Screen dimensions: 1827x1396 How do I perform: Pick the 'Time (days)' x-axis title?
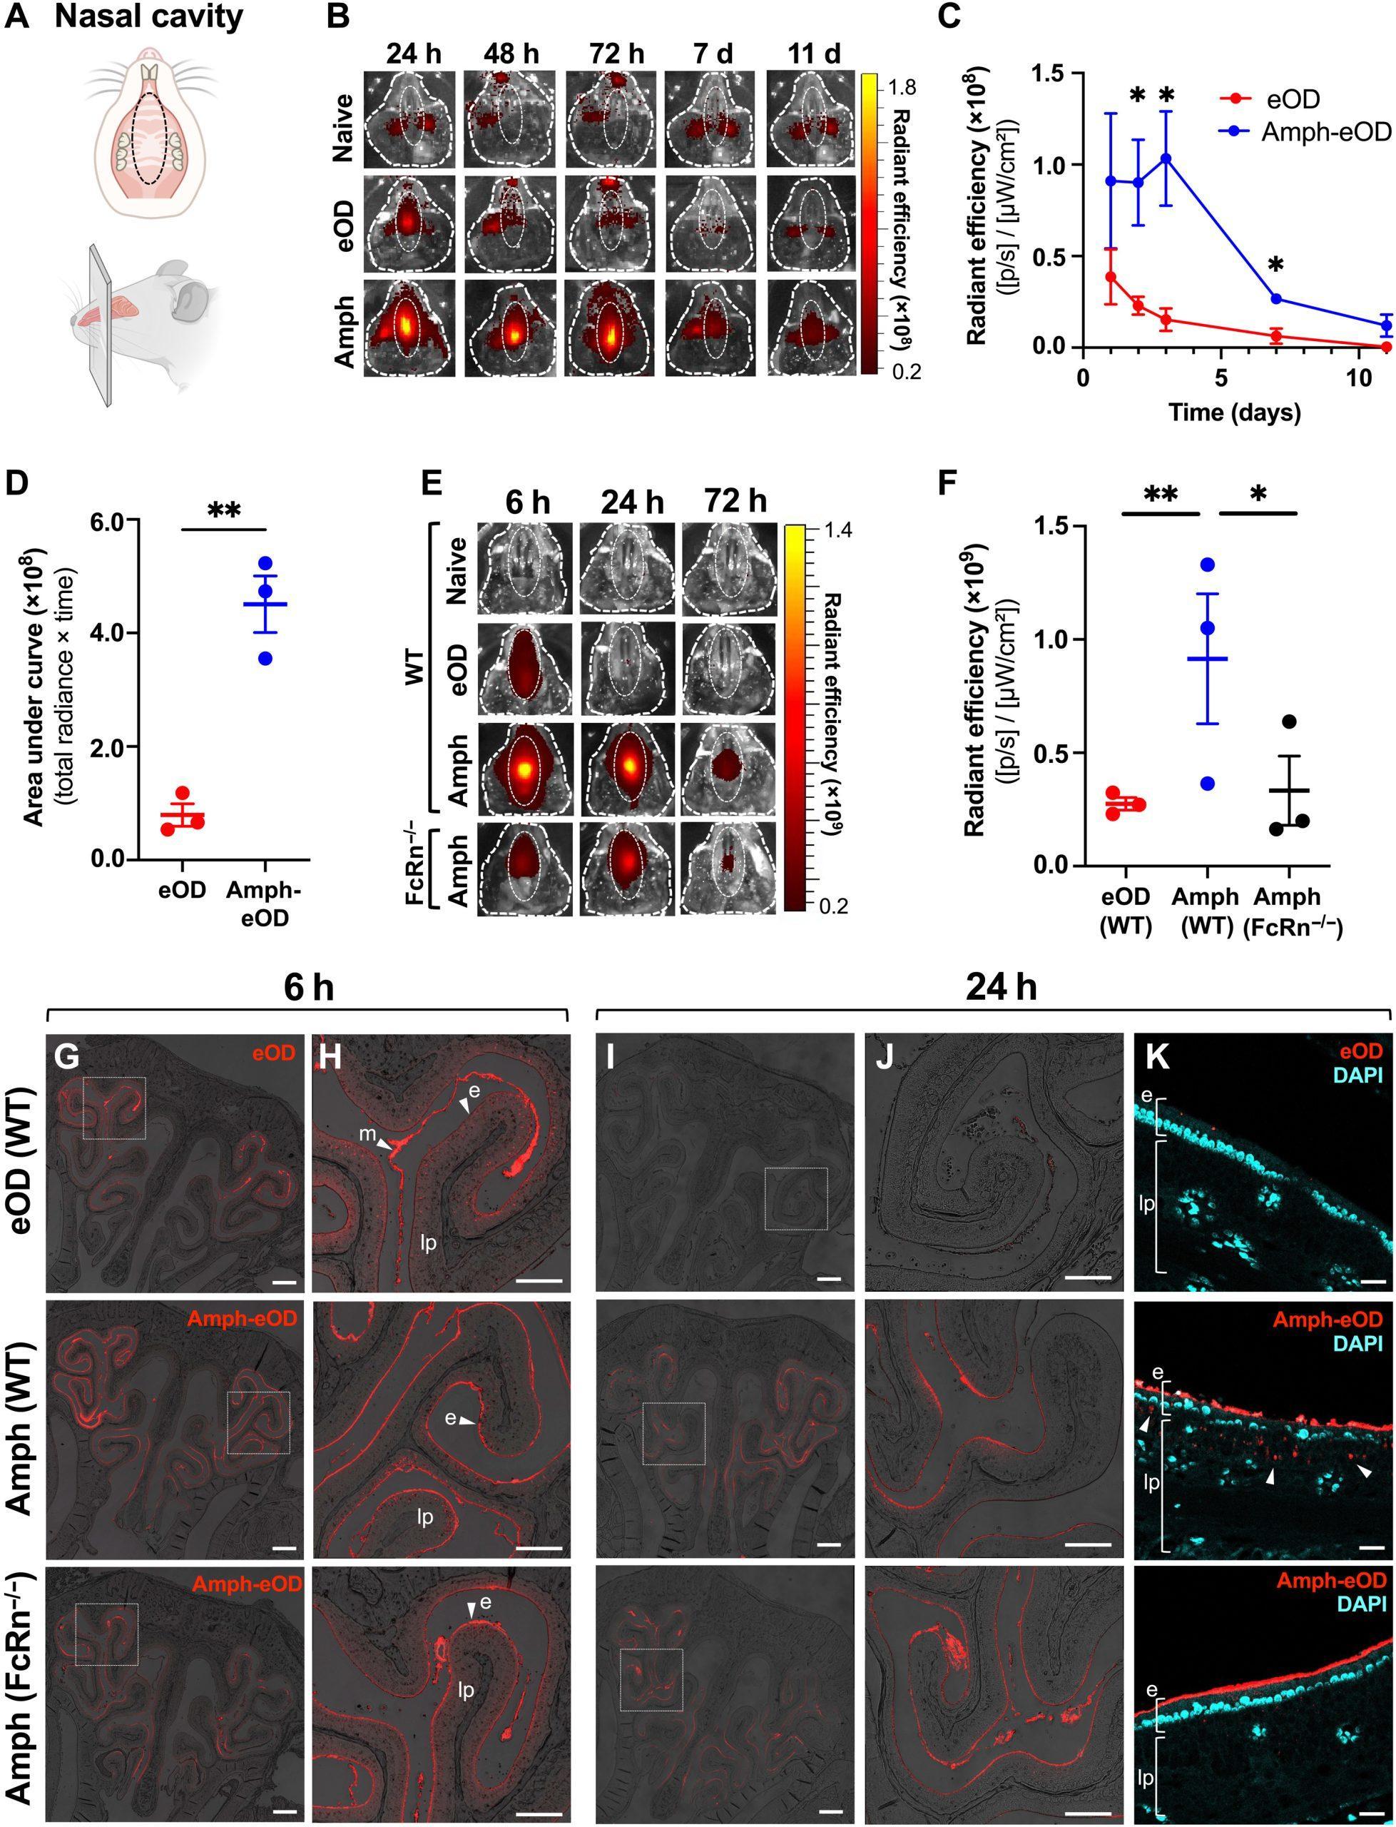tap(1234, 412)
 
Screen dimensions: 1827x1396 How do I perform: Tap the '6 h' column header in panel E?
tap(527, 503)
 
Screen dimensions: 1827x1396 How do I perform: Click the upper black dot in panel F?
tap(1289, 722)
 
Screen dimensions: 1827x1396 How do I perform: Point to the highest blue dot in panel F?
tap(1208, 565)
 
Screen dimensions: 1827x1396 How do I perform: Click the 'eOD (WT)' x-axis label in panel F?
tap(1126, 912)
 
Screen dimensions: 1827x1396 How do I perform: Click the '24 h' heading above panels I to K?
tap(1002, 988)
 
